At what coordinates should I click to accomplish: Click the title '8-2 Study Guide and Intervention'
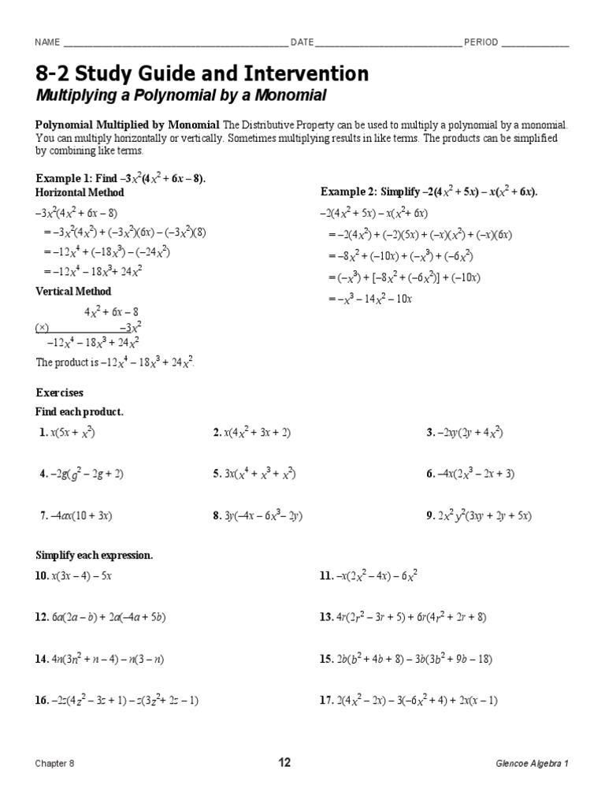point(202,74)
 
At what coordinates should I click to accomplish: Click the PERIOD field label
point(481,43)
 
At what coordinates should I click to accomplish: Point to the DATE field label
point(302,43)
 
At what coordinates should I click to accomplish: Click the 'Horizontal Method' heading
point(80,192)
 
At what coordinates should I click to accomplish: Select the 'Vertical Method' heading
point(74,292)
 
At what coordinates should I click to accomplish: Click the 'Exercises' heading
point(60,392)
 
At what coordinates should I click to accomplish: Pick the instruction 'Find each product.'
point(80,412)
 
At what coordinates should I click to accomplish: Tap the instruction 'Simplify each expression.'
point(95,556)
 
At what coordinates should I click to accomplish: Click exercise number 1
point(43,433)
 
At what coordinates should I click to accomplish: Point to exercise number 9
point(429,516)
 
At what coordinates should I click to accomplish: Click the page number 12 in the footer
point(284,762)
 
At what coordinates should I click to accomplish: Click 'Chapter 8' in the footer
point(55,763)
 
